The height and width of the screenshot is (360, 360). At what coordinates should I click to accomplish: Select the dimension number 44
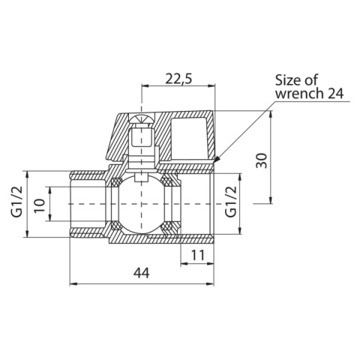(x=141, y=272)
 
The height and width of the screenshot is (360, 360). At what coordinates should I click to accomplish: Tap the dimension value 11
(x=197, y=254)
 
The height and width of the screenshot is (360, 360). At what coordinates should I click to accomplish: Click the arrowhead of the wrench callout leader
(x=217, y=159)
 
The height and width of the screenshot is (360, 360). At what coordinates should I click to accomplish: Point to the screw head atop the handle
(x=140, y=119)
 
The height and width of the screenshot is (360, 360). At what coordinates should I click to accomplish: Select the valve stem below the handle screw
(x=140, y=154)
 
